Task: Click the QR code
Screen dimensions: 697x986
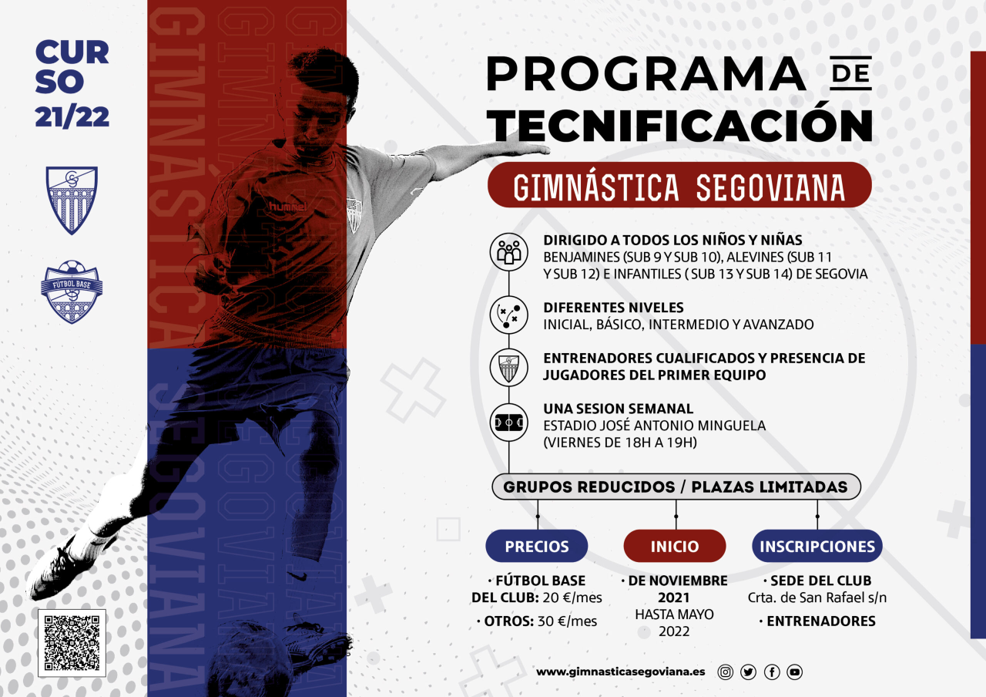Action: point(72,643)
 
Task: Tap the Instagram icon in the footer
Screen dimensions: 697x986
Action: point(725,672)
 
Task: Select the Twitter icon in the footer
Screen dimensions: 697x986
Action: point(748,672)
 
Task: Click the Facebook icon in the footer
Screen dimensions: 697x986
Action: point(772,672)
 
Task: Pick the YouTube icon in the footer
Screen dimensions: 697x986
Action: point(795,672)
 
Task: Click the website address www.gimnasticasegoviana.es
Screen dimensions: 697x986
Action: point(621,672)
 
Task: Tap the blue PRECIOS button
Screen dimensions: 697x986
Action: point(536,546)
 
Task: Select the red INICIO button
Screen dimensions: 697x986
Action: point(675,546)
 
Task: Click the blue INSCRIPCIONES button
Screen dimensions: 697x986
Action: point(817,546)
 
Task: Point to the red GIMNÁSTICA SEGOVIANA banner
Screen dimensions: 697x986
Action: point(679,185)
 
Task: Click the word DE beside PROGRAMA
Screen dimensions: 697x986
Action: point(850,74)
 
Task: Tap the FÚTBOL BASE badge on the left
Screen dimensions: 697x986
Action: point(72,291)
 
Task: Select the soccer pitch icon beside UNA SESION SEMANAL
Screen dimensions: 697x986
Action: point(508,423)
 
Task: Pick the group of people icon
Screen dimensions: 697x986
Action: point(508,251)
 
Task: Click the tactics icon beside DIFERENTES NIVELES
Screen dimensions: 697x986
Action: point(508,315)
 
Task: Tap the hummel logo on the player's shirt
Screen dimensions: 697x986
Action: point(287,207)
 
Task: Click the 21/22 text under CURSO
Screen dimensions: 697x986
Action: point(72,116)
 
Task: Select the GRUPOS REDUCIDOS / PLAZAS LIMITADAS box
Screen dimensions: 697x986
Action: point(676,487)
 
